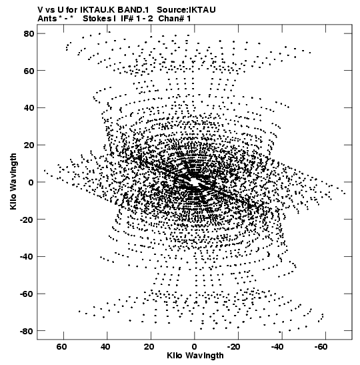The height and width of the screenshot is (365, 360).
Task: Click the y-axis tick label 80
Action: click(x=29, y=33)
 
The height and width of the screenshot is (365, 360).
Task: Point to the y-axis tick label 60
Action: click(x=29, y=71)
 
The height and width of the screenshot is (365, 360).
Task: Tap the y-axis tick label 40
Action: click(x=29, y=108)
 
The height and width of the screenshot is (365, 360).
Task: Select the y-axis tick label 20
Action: click(x=29, y=145)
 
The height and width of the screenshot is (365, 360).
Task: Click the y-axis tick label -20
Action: click(x=27, y=220)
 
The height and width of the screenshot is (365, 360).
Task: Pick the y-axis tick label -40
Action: click(x=27, y=256)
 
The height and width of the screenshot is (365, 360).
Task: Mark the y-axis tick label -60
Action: click(x=27, y=294)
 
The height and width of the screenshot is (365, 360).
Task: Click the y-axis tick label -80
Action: click(x=27, y=331)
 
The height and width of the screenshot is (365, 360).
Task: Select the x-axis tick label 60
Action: click(x=61, y=347)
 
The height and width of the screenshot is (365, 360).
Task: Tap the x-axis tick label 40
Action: click(x=105, y=347)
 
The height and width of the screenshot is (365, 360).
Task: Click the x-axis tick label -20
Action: click(x=235, y=347)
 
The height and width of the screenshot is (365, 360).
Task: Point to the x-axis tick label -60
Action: click(x=321, y=347)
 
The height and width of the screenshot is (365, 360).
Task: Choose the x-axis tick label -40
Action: click(x=278, y=347)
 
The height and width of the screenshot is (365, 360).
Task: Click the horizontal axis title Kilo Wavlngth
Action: click(x=195, y=356)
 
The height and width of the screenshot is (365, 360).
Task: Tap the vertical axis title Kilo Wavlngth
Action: click(x=13, y=181)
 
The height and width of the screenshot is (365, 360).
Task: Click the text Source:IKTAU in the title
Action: click(x=186, y=10)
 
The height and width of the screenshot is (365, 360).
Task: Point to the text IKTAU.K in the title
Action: click(x=98, y=10)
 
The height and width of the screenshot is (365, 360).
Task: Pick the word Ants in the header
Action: click(x=47, y=19)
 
